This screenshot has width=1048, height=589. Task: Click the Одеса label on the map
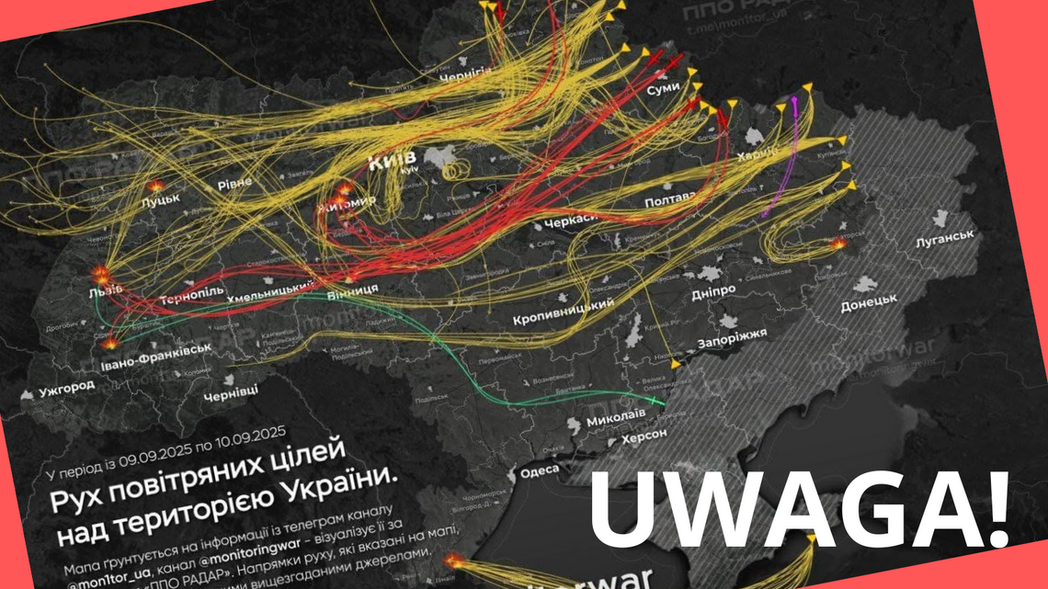pos(539,470)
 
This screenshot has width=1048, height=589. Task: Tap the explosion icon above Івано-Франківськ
pos(109,342)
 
